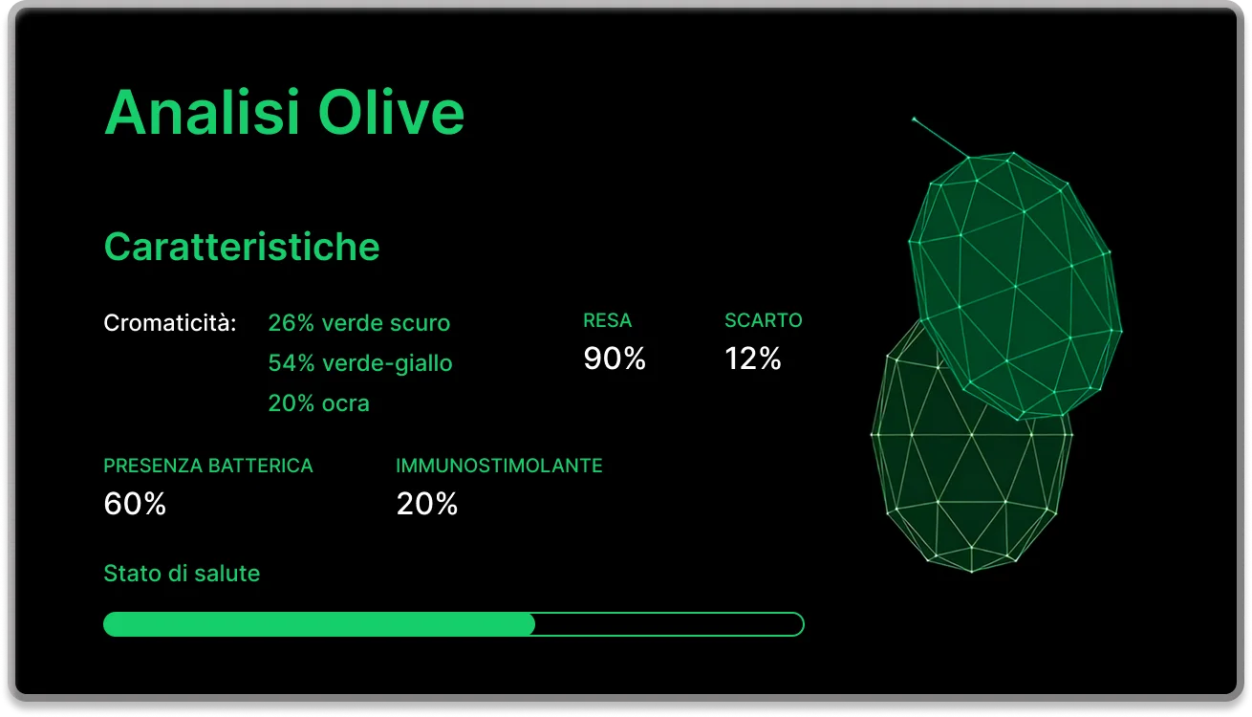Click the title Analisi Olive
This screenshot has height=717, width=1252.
coord(284,113)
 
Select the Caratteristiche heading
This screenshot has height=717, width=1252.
coord(241,247)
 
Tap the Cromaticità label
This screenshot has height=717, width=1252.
coord(169,323)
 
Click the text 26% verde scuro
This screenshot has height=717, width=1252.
coord(358,323)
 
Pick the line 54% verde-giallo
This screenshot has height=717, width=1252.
coord(359,363)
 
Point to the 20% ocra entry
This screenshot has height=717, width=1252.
coord(318,403)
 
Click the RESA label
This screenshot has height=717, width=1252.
coord(607,321)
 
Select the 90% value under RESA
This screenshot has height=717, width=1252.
coord(615,358)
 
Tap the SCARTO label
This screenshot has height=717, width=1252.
coord(763,321)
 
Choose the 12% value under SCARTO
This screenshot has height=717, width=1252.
coord(753,358)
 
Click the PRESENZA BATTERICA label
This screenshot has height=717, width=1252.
coord(207,466)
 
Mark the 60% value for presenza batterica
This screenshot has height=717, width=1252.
coord(135,504)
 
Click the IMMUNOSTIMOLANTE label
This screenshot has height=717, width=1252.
coord(499,466)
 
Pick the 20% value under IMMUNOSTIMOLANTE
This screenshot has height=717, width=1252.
coord(426,504)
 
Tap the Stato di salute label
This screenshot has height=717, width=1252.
coord(182,574)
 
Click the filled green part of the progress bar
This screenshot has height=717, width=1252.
coord(318,624)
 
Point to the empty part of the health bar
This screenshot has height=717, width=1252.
coord(669,624)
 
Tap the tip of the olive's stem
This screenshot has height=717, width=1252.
coord(914,119)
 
